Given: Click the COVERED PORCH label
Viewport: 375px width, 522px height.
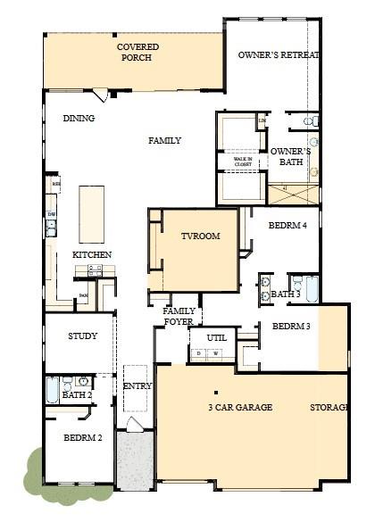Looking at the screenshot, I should click(x=136, y=52).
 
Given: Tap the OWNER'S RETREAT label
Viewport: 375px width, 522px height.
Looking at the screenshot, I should click(x=279, y=55).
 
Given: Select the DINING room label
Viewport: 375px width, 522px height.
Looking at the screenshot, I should click(x=79, y=119).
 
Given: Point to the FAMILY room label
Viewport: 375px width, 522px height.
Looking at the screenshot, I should click(x=164, y=140).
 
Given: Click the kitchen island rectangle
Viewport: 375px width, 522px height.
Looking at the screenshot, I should click(x=91, y=213).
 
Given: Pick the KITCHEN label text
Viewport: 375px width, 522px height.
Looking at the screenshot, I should click(x=92, y=255).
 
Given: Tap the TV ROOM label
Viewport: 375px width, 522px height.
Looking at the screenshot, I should click(x=200, y=236).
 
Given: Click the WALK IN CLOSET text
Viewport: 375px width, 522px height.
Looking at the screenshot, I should click(x=243, y=162).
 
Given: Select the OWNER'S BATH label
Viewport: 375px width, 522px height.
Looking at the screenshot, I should click(x=290, y=157).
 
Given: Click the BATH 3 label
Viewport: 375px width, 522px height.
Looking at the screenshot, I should click(x=286, y=294).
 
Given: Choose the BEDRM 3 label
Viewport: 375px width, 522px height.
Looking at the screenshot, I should click(x=291, y=327).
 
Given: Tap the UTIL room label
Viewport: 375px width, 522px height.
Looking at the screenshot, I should click(x=217, y=338).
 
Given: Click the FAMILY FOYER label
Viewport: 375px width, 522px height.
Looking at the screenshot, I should click(x=179, y=316).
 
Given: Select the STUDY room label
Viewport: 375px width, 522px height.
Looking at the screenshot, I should click(x=82, y=336).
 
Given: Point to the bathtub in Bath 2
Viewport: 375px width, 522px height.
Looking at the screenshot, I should click(x=52, y=391).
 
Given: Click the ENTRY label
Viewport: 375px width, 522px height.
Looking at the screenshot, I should click(x=137, y=385).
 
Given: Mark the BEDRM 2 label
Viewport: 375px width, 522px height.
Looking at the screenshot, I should click(x=81, y=438).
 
